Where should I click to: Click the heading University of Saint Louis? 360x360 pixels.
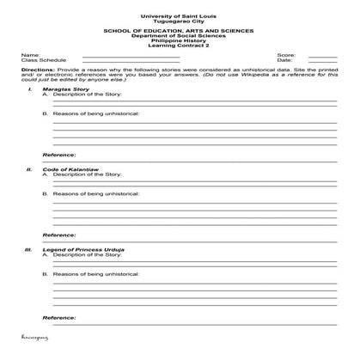pyautogui.click(x=179, y=16)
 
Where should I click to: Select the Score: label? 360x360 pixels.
pyautogui.click(x=286, y=55)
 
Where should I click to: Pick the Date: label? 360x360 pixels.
pyautogui.click(x=285, y=60)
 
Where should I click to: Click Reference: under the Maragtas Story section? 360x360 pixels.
pyautogui.click(x=58, y=155)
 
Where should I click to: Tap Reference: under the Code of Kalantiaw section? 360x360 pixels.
pyautogui.click(x=58, y=235)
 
